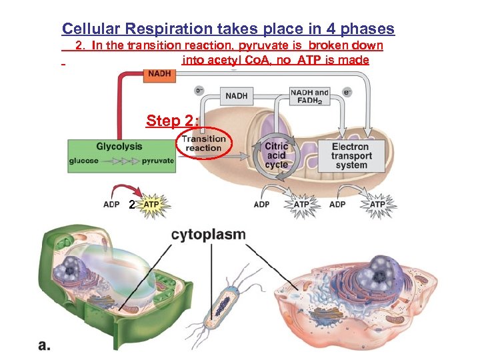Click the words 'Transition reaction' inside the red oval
coord(203,143)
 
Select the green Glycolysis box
coord(121,155)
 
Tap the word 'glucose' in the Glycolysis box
coord(85,161)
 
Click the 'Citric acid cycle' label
coord(276,155)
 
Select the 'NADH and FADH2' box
coord(309,96)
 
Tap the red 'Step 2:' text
coord(173,121)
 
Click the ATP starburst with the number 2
coord(151,205)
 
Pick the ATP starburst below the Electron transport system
coord(377,204)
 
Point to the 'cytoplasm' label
coord(209,235)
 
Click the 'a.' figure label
coord(45,344)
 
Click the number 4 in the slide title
coord(333,29)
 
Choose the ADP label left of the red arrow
coord(112,205)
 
